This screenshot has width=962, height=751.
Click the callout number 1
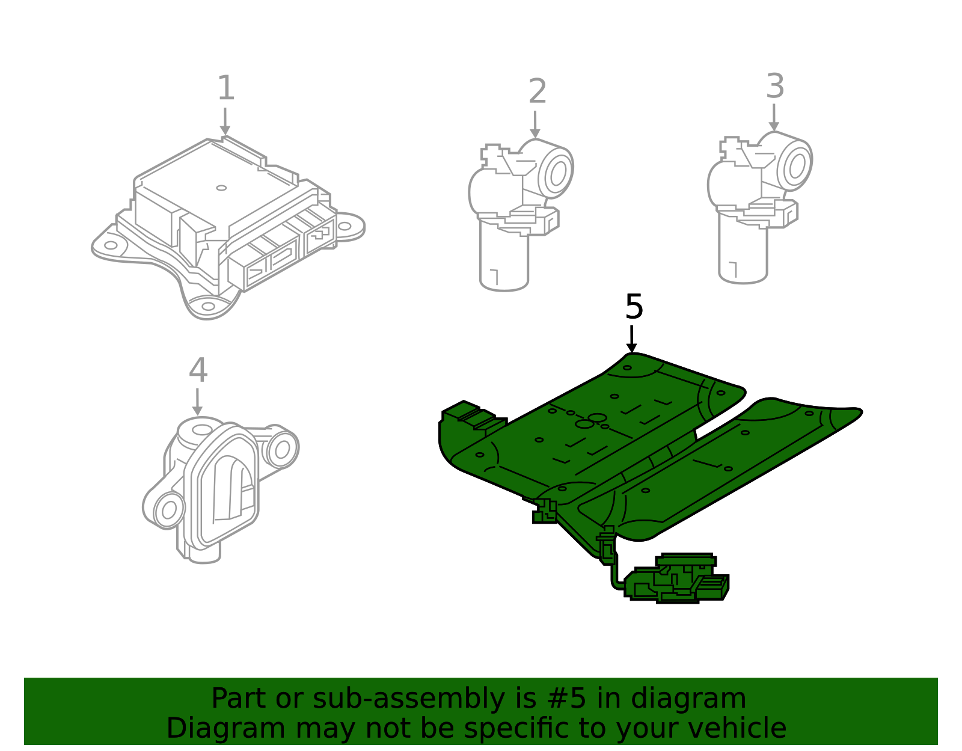[x=225, y=88]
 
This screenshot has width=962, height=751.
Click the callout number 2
[x=537, y=92]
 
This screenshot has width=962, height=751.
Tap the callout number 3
[x=775, y=87]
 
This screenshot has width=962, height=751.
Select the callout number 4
[x=198, y=370]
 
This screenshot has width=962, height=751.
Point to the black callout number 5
[x=634, y=307]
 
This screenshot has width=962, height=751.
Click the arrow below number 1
[x=225, y=122]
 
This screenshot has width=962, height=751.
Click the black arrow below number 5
[x=631, y=340]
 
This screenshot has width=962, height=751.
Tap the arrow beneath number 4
[x=197, y=402]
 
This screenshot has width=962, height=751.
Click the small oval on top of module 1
[x=221, y=188]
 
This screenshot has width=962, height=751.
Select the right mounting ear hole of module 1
[x=344, y=227]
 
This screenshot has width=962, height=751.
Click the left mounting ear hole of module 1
[x=111, y=245]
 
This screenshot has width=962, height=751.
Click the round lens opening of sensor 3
[x=797, y=166]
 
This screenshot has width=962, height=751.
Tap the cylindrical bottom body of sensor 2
[x=504, y=259]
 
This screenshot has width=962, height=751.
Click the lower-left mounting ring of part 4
[x=168, y=510]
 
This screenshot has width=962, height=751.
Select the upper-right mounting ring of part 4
[x=281, y=448]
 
